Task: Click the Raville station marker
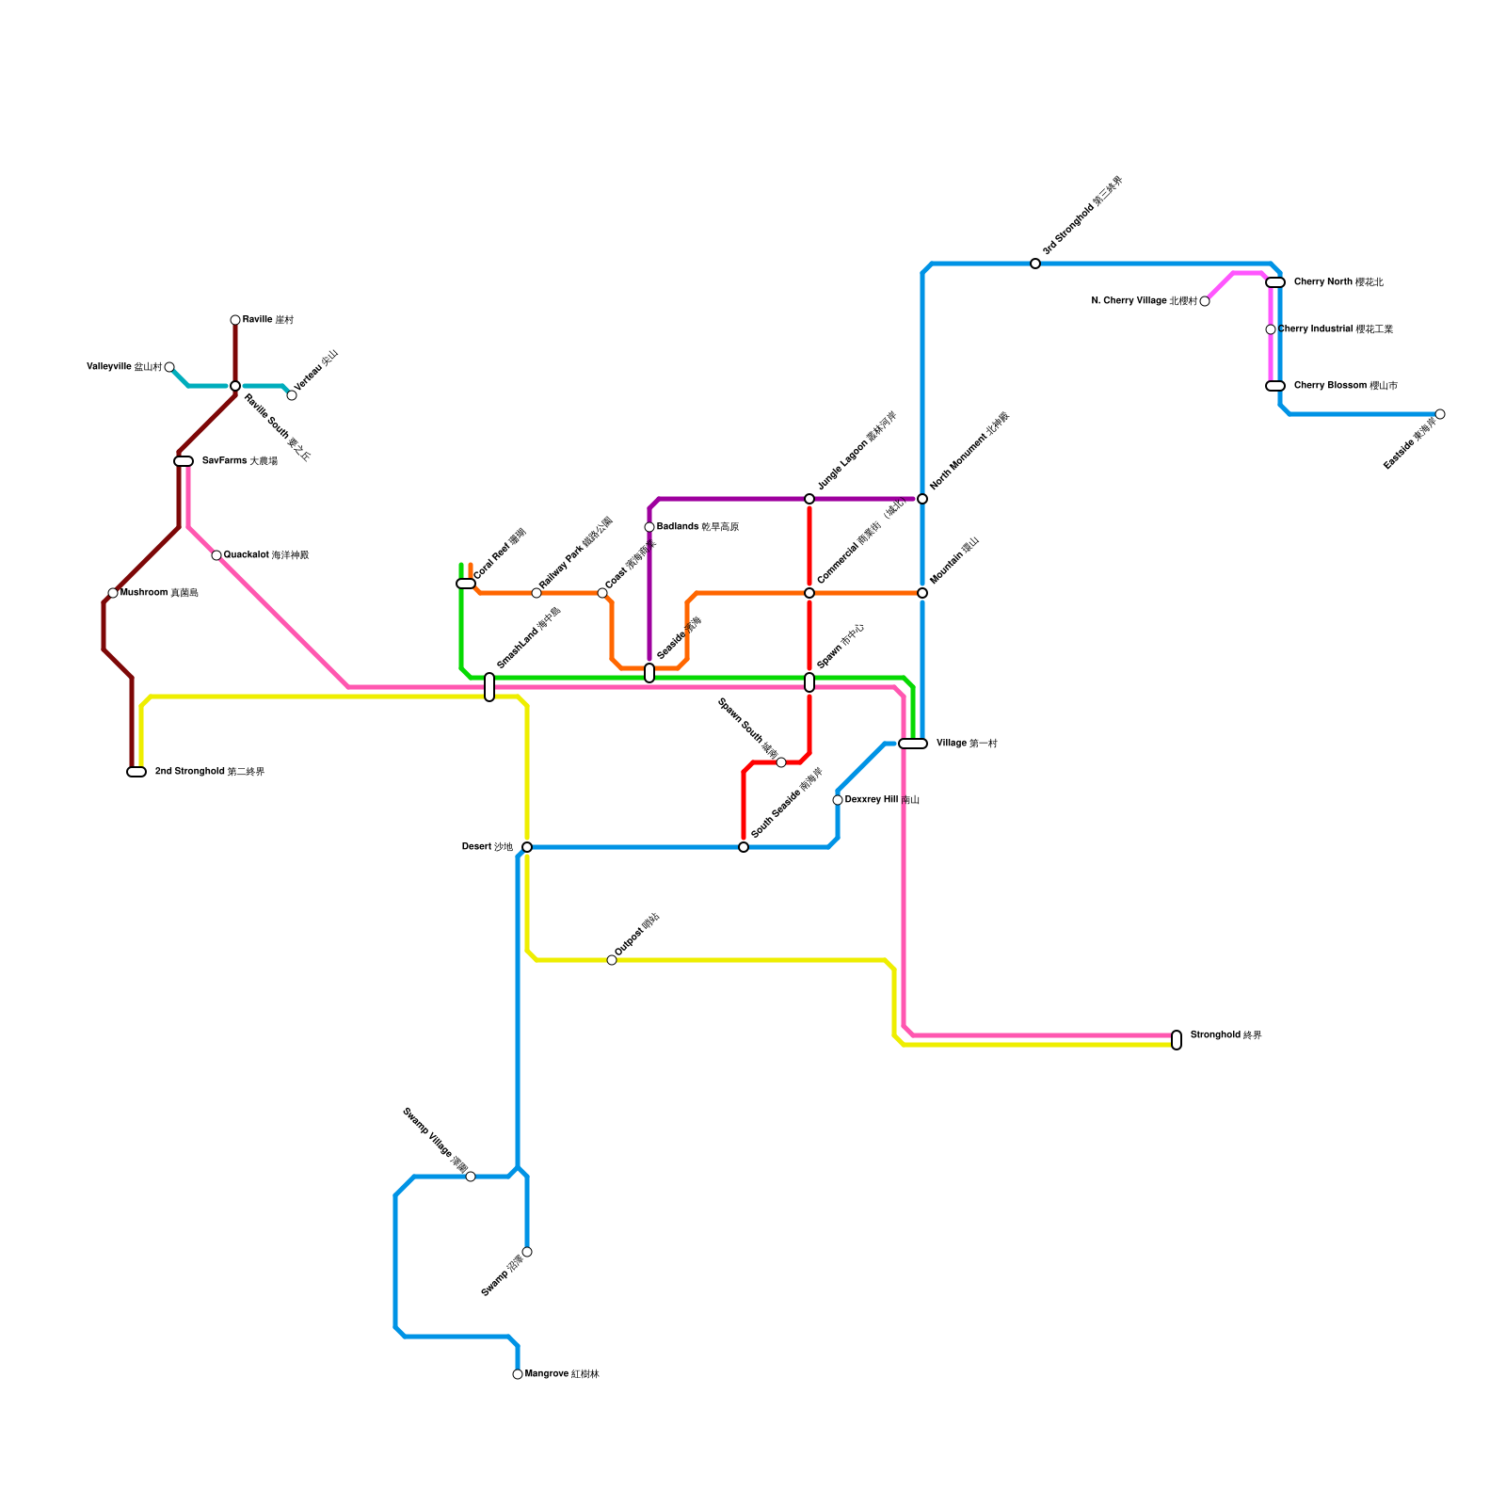(x=235, y=320)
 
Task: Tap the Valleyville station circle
(x=169, y=367)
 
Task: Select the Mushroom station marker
(x=113, y=593)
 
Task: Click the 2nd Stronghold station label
(x=209, y=772)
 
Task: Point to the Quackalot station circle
(x=216, y=555)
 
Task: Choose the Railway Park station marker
(x=537, y=593)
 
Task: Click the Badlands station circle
(x=649, y=527)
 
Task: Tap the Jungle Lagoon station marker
(x=809, y=499)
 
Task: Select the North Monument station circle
(x=922, y=499)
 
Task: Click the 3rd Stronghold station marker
(x=1035, y=264)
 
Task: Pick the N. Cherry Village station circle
(x=1205, y=301)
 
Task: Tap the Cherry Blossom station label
(x=1345, y=386)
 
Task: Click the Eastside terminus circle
(x=1440, y=414)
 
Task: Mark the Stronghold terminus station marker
(x=1177, y=1040)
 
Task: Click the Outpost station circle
(x=612, y=960)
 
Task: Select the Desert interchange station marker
(x=527, y=847)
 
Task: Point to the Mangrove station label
(x=562, y=1374)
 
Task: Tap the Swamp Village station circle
(x=471, y=1177)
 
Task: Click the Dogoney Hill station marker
(x=838, y=800)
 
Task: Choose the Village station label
(x=967, y=744)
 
